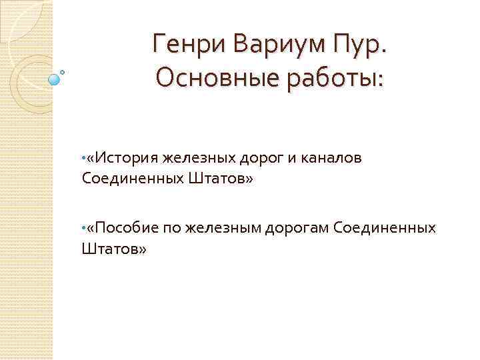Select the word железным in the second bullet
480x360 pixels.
point(224,229)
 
